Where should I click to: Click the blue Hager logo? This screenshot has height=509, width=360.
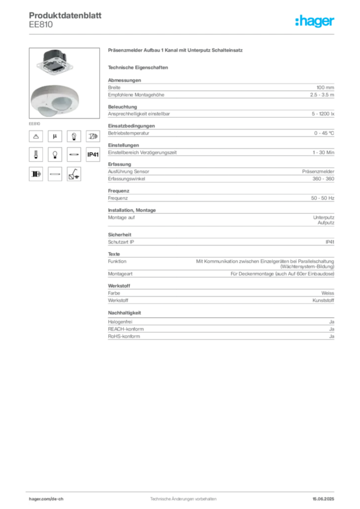pyautogui.click(x=316, y=21)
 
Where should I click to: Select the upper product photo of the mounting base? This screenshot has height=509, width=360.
pyautogui.click(x=54, y=62)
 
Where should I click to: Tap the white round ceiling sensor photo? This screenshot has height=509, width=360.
pyautogui.click(x=56, y=100)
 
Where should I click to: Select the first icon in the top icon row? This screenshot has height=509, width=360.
pyautogui.click(x=36, y=135)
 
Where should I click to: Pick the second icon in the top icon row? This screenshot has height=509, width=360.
pyautogui.click(x=55, y=135)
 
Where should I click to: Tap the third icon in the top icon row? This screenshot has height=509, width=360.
pyautogui.click(x=74, y=135)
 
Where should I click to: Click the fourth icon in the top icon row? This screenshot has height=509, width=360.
pyautogui.click(x=93, y=135)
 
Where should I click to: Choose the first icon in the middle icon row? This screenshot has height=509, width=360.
pyautogui.click(x=36, y=155)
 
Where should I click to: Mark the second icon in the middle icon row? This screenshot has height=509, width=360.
pyautogui.click(x=55, y=155)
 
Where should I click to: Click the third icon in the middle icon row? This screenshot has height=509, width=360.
pyautogui.click(x=74, y=155)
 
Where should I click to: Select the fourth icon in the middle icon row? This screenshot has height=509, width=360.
pyautogui.click(x=93, y=155)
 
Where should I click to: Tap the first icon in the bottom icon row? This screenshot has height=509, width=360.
pyautogui.click(x=36, y=174)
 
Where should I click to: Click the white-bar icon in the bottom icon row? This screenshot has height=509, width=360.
pyautogui.click(x=55, y=174)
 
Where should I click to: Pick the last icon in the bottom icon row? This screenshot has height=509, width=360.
pyautogui.click(x=74, y=174)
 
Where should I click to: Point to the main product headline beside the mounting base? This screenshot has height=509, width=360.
pyautogui.click(x=177, y=51)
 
